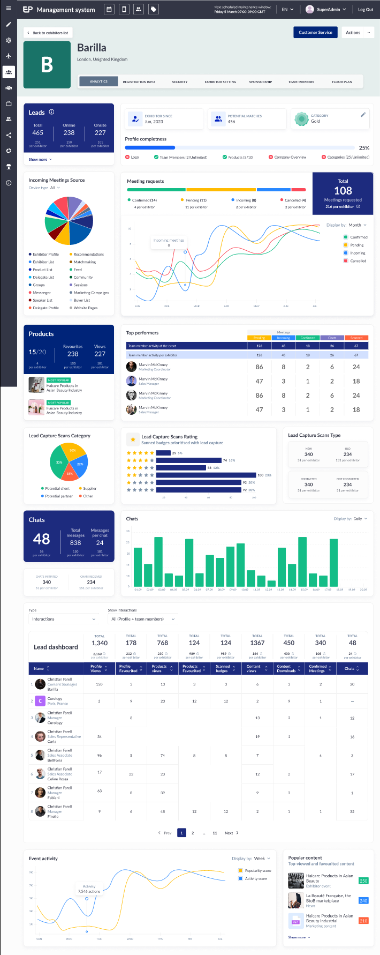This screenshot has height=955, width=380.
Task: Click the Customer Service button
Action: pyautogui.click(x=315, y=33)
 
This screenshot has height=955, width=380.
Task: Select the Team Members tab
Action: pyautogui.click(x=301, y=82)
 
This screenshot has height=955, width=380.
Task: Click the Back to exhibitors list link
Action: pyautogui.click(x=48, y=33)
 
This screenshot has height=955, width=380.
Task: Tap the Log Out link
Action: pyautogui.click(x=366, y=10)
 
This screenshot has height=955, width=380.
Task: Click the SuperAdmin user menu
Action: pyautogui.click(x=326, y=10)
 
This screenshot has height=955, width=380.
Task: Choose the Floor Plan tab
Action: pyautogui.click(x=342, y=82)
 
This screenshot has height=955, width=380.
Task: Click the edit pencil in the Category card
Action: pyautogui.click(x=363, y=115)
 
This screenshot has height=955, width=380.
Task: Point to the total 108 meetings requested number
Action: pyautogui.click(x=343, y=191)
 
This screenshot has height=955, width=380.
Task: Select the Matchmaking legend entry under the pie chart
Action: pyautogui.click(x=85, y=262)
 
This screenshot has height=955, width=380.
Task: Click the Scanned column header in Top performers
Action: pyautogui.click(x=356, y=338)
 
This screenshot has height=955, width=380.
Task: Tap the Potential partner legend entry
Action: pyautogui.click(x=58, y=496)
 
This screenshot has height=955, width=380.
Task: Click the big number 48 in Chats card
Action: pyautogui.click(x=41, y=539)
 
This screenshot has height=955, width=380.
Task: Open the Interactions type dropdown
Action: pyautogui.click(x=64, y=619)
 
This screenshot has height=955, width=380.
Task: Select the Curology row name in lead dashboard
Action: pyautogui.click(x=55, y=699)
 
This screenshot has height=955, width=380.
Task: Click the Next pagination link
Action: pyautogui.click(x=231, y=833)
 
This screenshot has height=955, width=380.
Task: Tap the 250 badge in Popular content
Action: pyautogui.click(x=363, y=881)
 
